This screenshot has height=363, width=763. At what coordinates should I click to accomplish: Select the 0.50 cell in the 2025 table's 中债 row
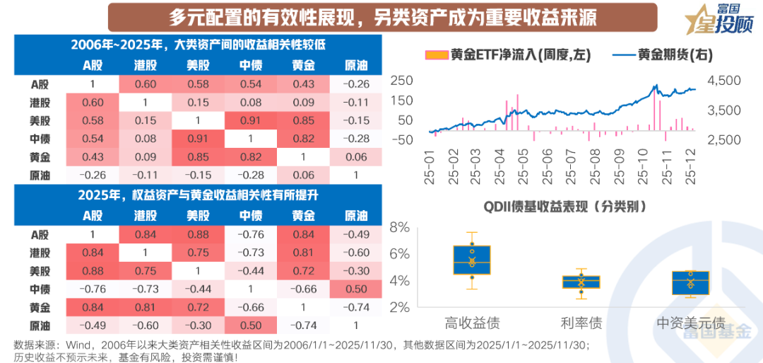tap(356, 289)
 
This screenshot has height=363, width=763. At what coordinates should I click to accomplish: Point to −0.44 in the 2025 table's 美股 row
tap(251, 271)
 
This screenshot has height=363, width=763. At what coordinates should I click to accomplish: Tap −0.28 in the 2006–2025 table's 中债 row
tap(356, 138)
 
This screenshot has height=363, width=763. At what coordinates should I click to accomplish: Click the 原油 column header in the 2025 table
tap(356, 216)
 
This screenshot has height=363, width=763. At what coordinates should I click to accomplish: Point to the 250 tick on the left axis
tap(403, 81)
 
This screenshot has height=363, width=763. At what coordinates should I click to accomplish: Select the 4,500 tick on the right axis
tap(721, 81)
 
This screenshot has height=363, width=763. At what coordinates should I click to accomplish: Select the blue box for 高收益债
tap(472, 259)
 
